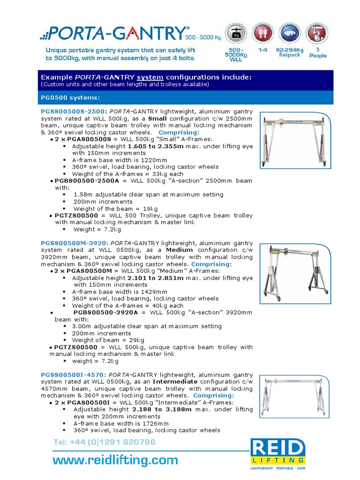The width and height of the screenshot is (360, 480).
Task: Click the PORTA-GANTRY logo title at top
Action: pos(117,33)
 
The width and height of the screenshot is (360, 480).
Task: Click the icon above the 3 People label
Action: pos(317,34)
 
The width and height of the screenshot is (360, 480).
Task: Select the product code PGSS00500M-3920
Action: pos(75,243)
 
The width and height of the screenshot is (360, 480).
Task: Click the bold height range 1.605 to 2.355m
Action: pos(157,146)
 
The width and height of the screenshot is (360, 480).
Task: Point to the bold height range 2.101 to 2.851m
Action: pos(157,278)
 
